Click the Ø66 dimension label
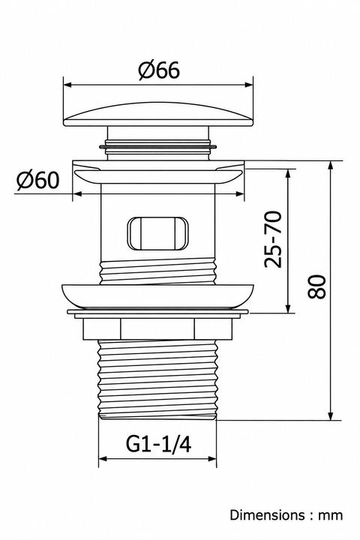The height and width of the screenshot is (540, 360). pyautogui.click(x=159, y=70)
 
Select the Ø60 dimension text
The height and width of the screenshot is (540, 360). pyautogui.click(x=38, y=180)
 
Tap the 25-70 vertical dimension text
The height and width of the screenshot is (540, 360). pyautogui.click(x=273, y=239)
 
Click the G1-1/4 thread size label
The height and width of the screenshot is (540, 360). pyautogui.click(x=158, y=444)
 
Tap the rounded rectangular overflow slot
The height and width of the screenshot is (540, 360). pyautogui.click(x=158, y=232)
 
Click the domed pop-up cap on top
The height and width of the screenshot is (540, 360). pyautogui.click(x=158, y=114)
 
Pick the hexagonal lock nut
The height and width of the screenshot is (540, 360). pyautogui.click(x=157, y=329)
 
